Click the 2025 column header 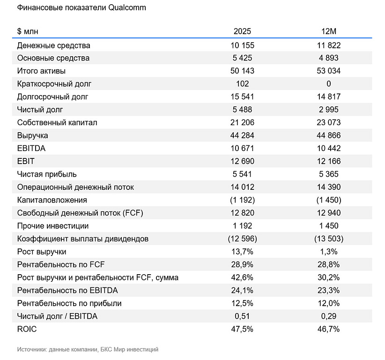tap(242, 31)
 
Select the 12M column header tap(328, 31)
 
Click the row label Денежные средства tap(53, 45)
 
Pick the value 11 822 tap(328, 45)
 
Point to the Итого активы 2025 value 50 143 tap(242, 71)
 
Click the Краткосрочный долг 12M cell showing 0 tap(328, 84)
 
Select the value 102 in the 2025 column tap(242, 84)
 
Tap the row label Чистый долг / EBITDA tap(57, 316)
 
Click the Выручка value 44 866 tap(328, 135)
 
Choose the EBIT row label tap(26, 161)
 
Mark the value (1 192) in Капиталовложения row tap(242, 200)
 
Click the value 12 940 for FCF tap(328, 213)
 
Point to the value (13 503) tap(328, 239)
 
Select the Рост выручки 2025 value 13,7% tap(242, 252)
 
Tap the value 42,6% tap(242, 277)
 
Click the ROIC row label tap(27, 329)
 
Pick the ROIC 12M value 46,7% tap(328, 329)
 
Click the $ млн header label tap(28, 31)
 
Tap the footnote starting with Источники tap(88, 349)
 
